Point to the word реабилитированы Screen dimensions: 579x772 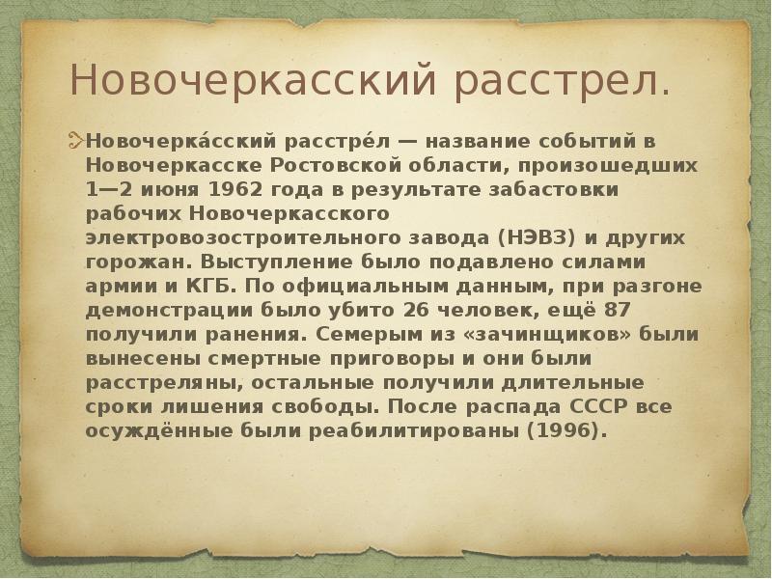tap(430, 431)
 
